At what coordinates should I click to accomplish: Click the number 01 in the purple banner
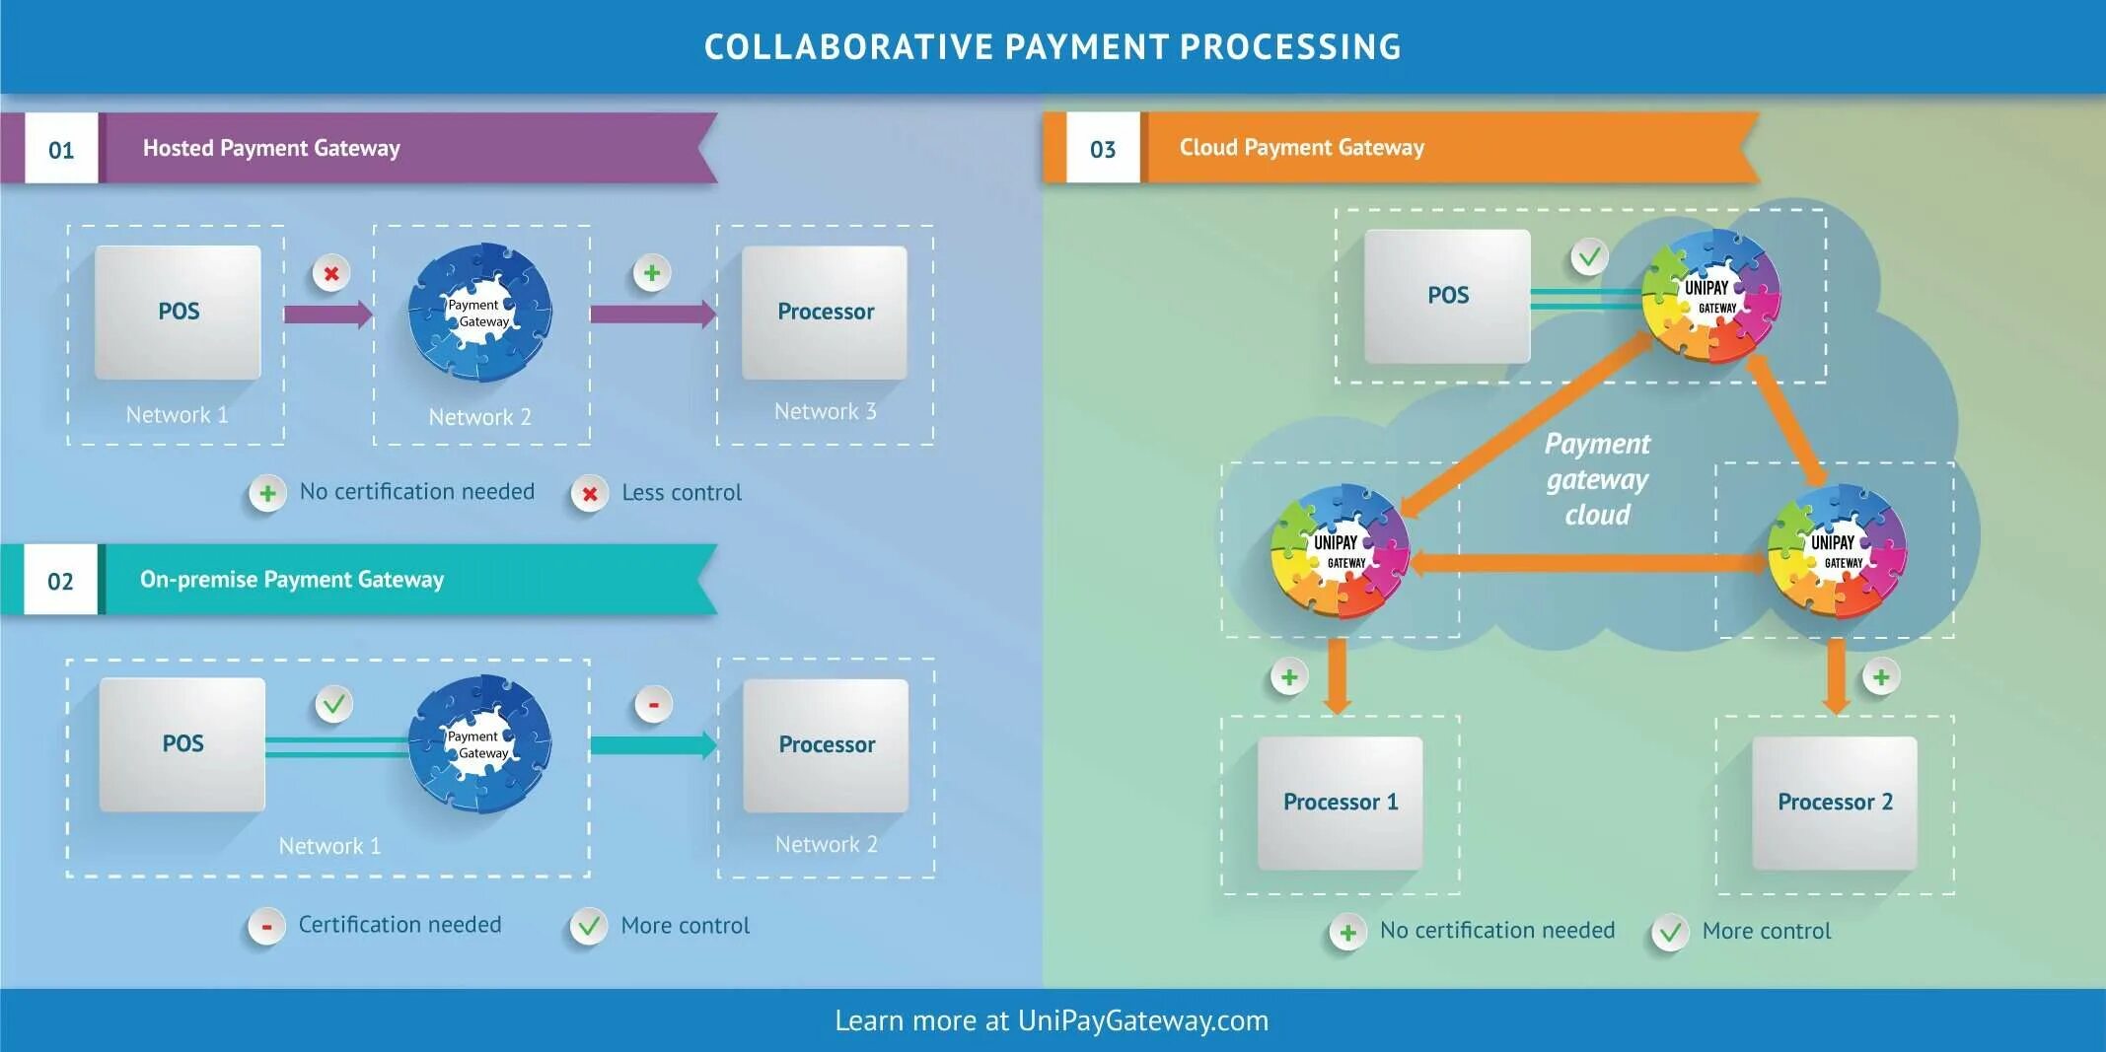pyautogui.click(x=61, y=150)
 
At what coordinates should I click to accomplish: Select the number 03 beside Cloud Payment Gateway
pyautogui.click(x=1102, y=150)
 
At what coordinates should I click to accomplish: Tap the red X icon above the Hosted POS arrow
pyautogui.click(x=331, y=273)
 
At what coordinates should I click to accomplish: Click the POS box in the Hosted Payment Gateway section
pyautogui.click(x=179, y=313)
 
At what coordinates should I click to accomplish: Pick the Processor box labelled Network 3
pyautogui.click(x=825, y=313)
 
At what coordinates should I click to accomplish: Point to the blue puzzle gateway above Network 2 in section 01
pyautogui.click(x=480, y=313)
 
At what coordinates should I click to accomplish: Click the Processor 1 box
pyautogui.click(x=1340, y=803)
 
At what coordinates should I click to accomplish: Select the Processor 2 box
pyautogui.click(x=1835, y=803)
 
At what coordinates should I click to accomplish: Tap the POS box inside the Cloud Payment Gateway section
pyautogui.click(x=1447, y=296)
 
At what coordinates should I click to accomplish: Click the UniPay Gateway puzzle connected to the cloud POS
pyautogui.click(x=1710, y=295)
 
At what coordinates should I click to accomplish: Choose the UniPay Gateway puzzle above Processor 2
pyautogui.click(x=1836, y=550)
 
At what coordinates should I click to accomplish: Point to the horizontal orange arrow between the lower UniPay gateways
pyautogui.click(x=1588, y=563)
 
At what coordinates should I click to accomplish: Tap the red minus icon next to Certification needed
pyautogui.click(x=266, y=926)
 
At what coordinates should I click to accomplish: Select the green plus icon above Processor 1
pyautogui.click(x=1288, y=677)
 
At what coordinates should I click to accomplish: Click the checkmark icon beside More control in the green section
pyautogui.click(x=1669, y=932)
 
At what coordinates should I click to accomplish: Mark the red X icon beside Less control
pyautogui.click(x=589, y=494)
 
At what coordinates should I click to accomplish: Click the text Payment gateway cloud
pyautogui.click(x=1597, y=479)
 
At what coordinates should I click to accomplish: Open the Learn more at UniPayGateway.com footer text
pyautogui.click(x=1052, y=1020)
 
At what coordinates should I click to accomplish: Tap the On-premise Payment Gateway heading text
pyautogui.click(x=292, y=580)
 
